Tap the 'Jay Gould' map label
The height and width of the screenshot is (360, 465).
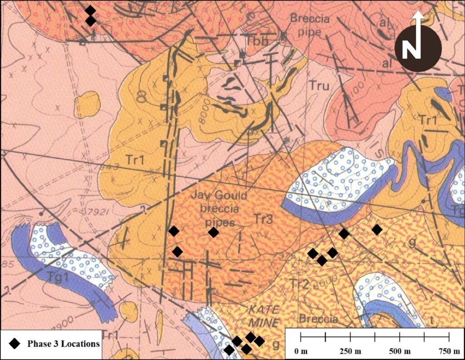coord(219,196)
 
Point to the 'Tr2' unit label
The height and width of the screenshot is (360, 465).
coord(300,285)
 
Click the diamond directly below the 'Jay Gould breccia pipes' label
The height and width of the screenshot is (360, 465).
coord(213,232)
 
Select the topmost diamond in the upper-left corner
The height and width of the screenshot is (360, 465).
coord(90,10)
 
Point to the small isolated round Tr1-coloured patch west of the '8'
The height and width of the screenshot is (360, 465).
coord(88,102)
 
